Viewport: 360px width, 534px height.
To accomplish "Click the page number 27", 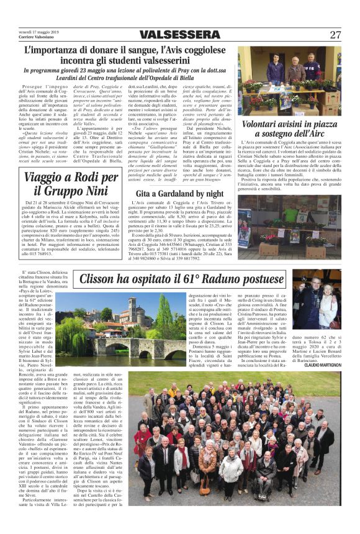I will [335, 35].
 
